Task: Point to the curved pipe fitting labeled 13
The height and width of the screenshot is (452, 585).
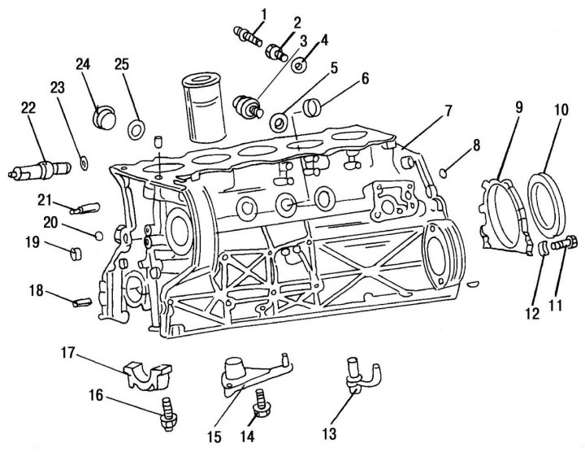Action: [356, 374]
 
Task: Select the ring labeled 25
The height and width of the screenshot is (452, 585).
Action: [137, 128]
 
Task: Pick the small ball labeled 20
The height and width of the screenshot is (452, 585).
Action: [98, 236]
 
